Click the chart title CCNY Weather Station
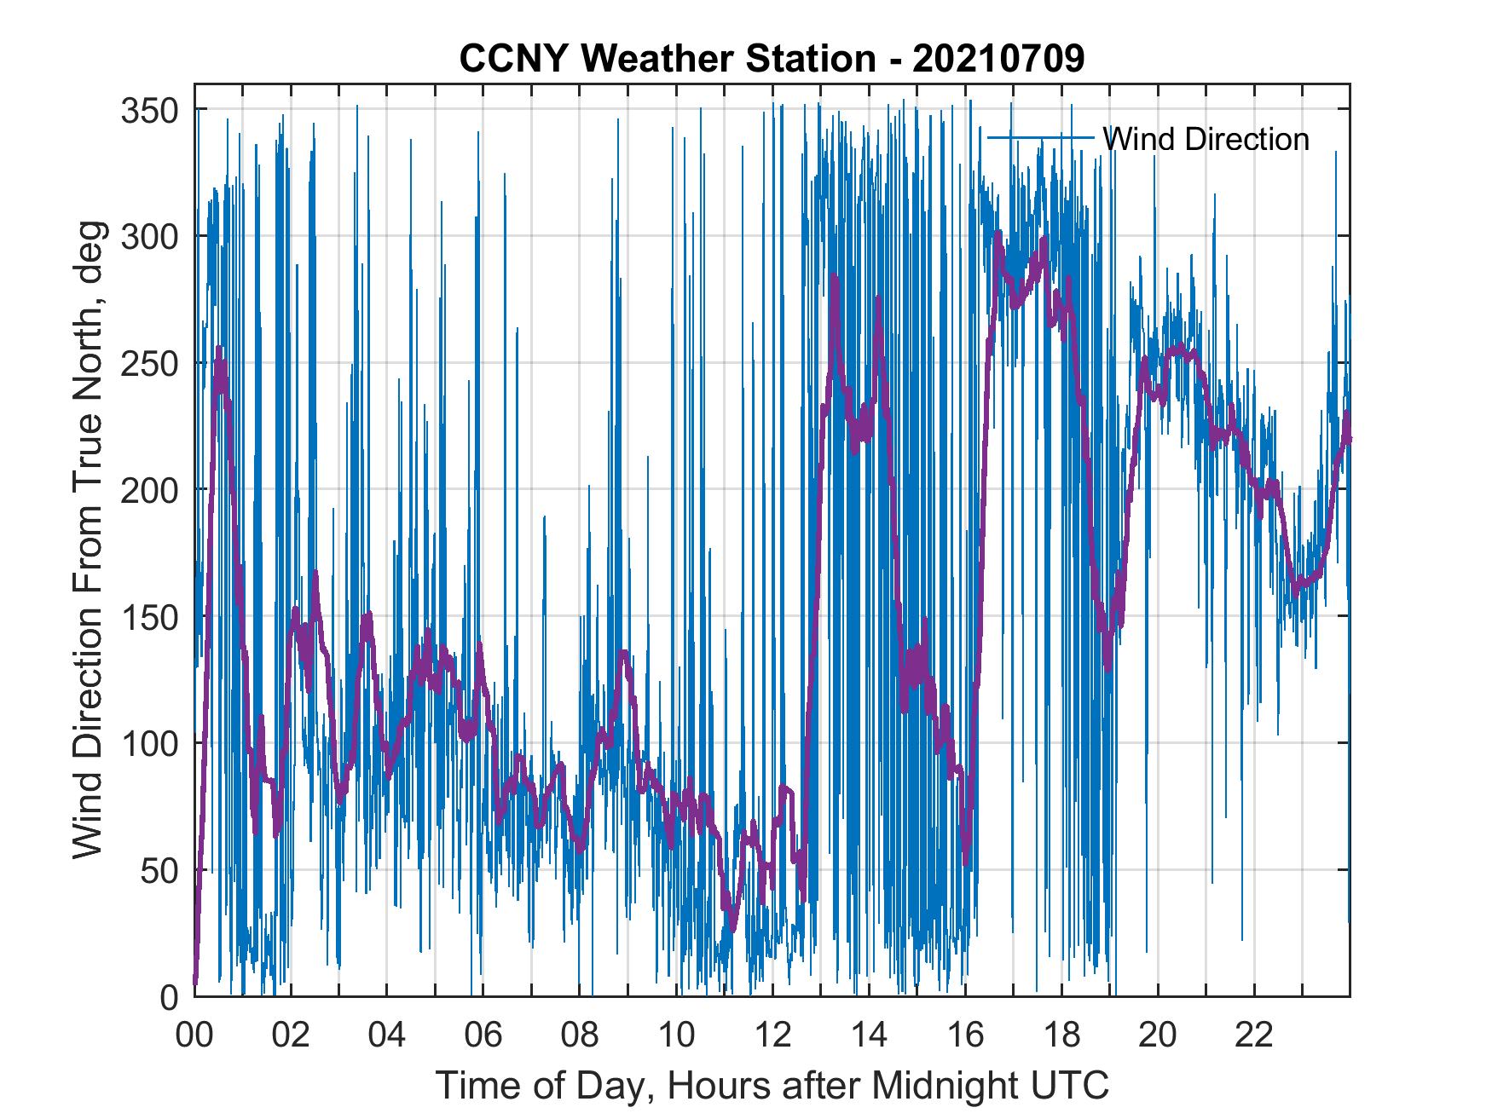coord(667,59)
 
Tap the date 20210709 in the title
coord(998,59)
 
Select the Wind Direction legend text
coord(1206,139)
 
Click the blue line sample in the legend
coord(1040,137)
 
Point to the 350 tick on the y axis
coord(148,110)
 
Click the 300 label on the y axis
coord(148,237)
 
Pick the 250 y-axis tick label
coord(148,364)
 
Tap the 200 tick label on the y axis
coord(148,490)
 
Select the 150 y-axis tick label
coord(148,617)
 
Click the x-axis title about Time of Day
coord(772,1086)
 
